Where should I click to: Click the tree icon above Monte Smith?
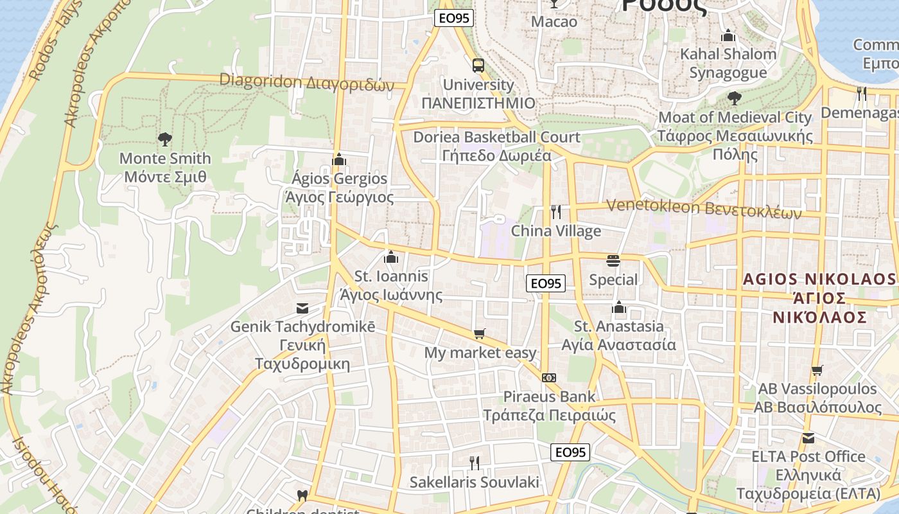(x=165, y=139)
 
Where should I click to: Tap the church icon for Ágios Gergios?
(x=339, y=159)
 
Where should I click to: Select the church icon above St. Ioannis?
(x=390, y=258)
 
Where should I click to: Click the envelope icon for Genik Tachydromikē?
(x=302, y=308)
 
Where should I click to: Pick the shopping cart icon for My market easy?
(x=479, y=333)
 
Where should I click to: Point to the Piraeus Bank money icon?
(x=549, y=378)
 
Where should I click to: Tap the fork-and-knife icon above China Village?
(x=556, y=211)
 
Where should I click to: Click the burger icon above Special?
(x=613, y=261)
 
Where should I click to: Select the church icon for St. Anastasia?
(x=619, y=307)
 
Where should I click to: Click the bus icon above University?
(x=478, y=65)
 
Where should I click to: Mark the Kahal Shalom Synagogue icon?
(x=728, y=35)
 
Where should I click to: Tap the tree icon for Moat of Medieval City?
(x=735, y=98)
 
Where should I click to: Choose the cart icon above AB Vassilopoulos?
(x=817, y=370)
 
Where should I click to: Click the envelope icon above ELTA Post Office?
(x=808, y=438)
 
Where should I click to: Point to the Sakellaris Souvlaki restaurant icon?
(x=475, y=463)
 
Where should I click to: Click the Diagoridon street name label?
(x=306, y=82)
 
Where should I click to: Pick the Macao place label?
(x=554, y=22)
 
